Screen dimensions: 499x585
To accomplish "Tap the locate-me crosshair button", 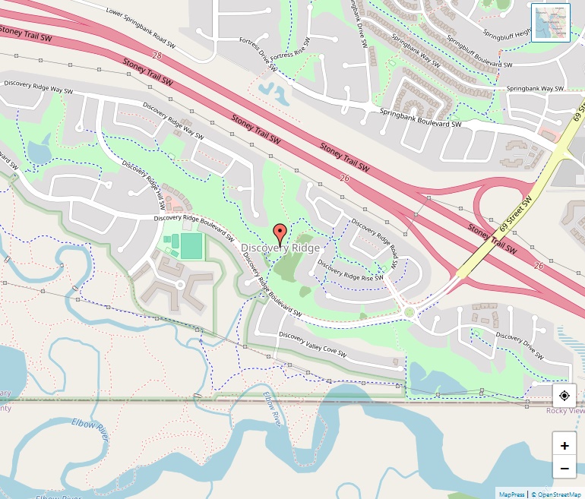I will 564,396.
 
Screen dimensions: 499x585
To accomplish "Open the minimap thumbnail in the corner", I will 551,23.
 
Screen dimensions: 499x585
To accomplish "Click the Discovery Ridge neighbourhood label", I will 280,248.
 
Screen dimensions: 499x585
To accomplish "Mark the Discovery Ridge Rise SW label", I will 350,272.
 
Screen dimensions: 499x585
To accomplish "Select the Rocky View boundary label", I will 565,410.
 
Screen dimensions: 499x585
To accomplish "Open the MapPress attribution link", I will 511,494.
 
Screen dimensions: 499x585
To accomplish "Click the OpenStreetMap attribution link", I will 558,494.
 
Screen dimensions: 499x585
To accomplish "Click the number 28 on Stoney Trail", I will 157,55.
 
